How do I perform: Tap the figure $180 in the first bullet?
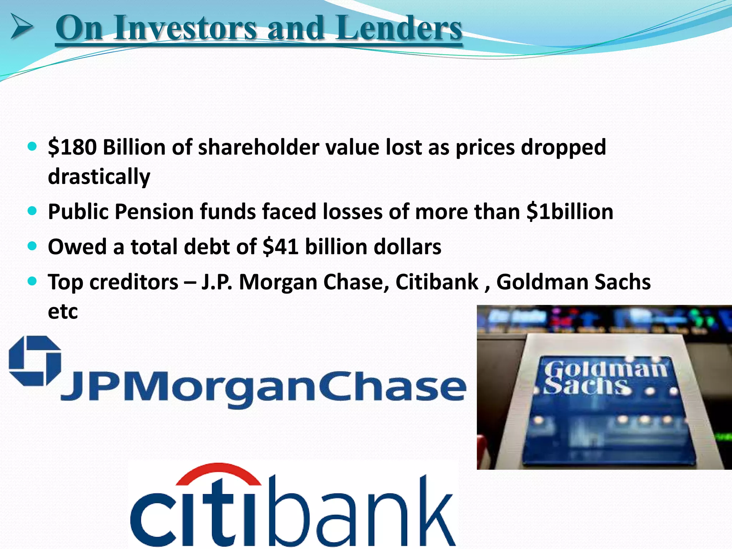[72, 147]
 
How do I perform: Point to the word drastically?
[99, 177]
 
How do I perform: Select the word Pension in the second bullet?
[154, 212]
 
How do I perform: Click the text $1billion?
[570, 212]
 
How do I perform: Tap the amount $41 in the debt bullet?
[281, 247]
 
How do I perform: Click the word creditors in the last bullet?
[134, 282]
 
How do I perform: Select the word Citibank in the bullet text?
[437, 282]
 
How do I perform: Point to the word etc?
[63, 311]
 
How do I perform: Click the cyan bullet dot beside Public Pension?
[32, 211]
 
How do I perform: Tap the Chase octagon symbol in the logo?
[35, 361]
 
